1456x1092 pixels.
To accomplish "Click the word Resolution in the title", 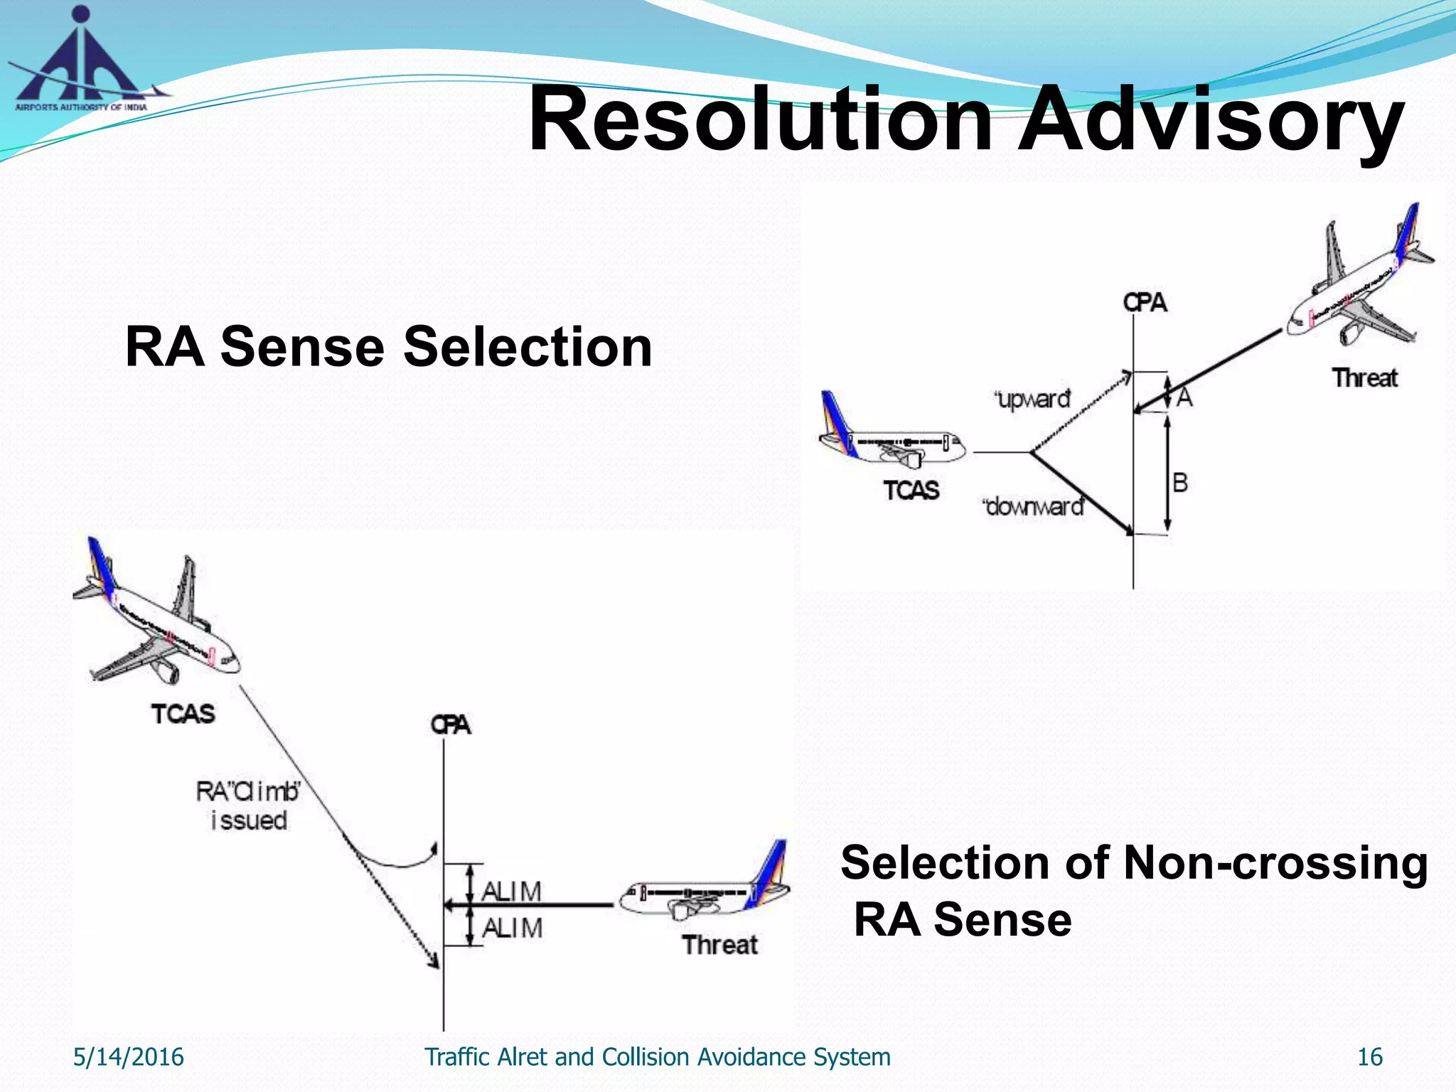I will coord(760,119).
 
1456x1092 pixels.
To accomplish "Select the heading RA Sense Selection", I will coord(388,347).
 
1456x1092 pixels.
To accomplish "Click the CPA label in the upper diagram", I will coord(1145,303).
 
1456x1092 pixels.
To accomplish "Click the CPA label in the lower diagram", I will coord(451,725).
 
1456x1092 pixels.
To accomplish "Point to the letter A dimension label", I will coord(1184,397).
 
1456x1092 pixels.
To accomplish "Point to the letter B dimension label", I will coord(1180,483).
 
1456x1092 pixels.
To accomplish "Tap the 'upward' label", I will coord(1033,399).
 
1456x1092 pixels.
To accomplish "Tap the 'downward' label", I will coord(1033,507).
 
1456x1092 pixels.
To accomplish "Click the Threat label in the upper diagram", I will coord(1364,378).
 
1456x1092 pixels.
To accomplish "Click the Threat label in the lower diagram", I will coord(719,945).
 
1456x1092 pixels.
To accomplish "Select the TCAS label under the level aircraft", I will coord(911,491).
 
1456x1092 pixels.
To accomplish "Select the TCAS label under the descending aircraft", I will coord(183,714).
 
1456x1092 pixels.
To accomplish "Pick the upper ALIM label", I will coord(512,891).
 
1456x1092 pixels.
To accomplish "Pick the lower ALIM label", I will coord(512,928).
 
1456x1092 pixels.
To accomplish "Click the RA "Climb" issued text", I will coord(249,805).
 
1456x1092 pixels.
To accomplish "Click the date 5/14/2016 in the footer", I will coord(129,1057).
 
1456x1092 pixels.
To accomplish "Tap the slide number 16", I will coord(1369,1057).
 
